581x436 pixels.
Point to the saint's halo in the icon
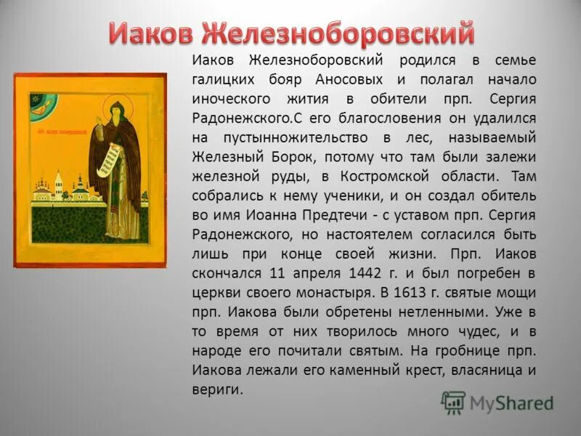(x=115, y=104)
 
